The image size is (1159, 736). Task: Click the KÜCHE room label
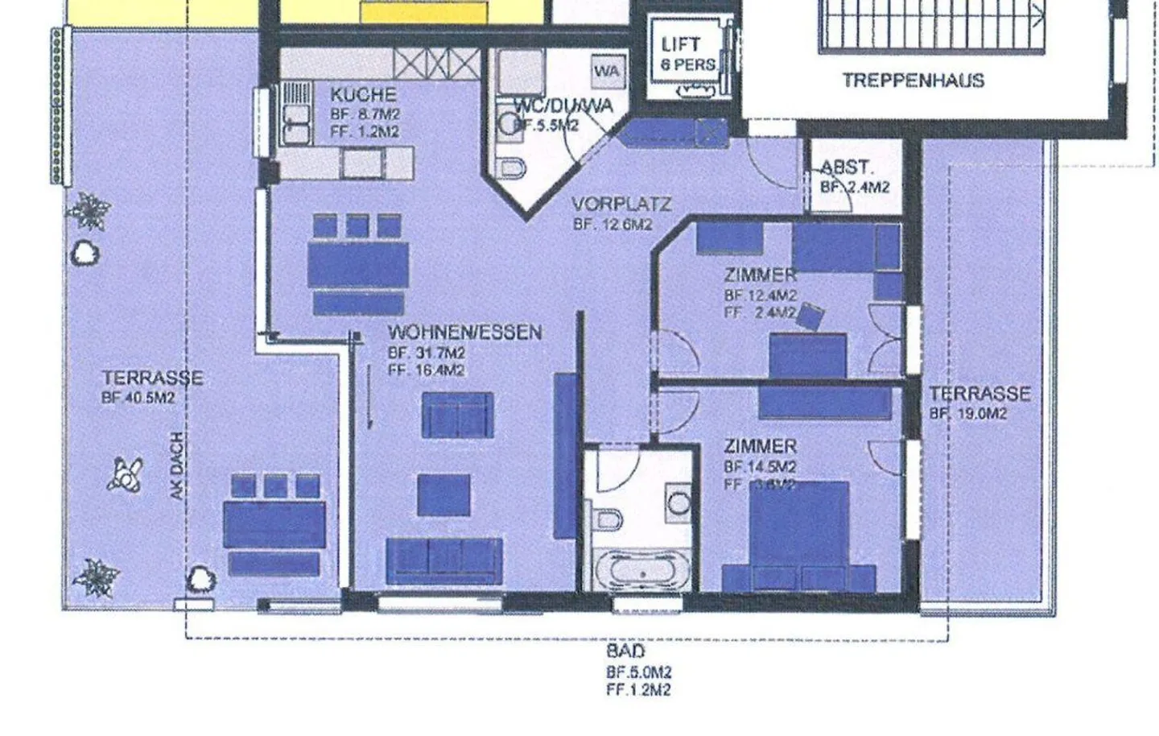click(x=363, y=95)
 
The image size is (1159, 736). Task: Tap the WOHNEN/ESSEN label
click(x=464, y=333)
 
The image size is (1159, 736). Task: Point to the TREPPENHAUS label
click(x=913, y=81)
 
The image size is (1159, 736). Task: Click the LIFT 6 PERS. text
click(x=687, y=54)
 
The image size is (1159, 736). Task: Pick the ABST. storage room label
click(x=847, y=168)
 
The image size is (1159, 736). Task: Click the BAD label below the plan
click(x=625, y=651)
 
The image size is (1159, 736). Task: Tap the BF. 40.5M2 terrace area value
click(x=138, y=398)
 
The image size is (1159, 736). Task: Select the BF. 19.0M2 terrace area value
click(x=968, y=414)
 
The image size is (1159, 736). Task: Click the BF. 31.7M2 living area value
click(x=426, y=353)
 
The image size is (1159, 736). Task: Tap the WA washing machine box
click(x=607, y=71)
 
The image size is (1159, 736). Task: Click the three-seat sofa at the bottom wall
click(x=444, y=560)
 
